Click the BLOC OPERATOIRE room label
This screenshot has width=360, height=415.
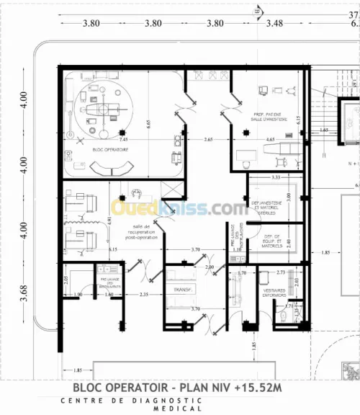pos(110,149)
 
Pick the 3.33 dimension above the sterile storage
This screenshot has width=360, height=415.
pos(274,177)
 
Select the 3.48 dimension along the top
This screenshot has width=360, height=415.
pos(274,23)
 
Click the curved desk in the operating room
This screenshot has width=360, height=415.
pos(109,166)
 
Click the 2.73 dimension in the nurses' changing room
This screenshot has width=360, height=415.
pos(282,272)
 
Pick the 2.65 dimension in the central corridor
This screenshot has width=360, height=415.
pos(208,138)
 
